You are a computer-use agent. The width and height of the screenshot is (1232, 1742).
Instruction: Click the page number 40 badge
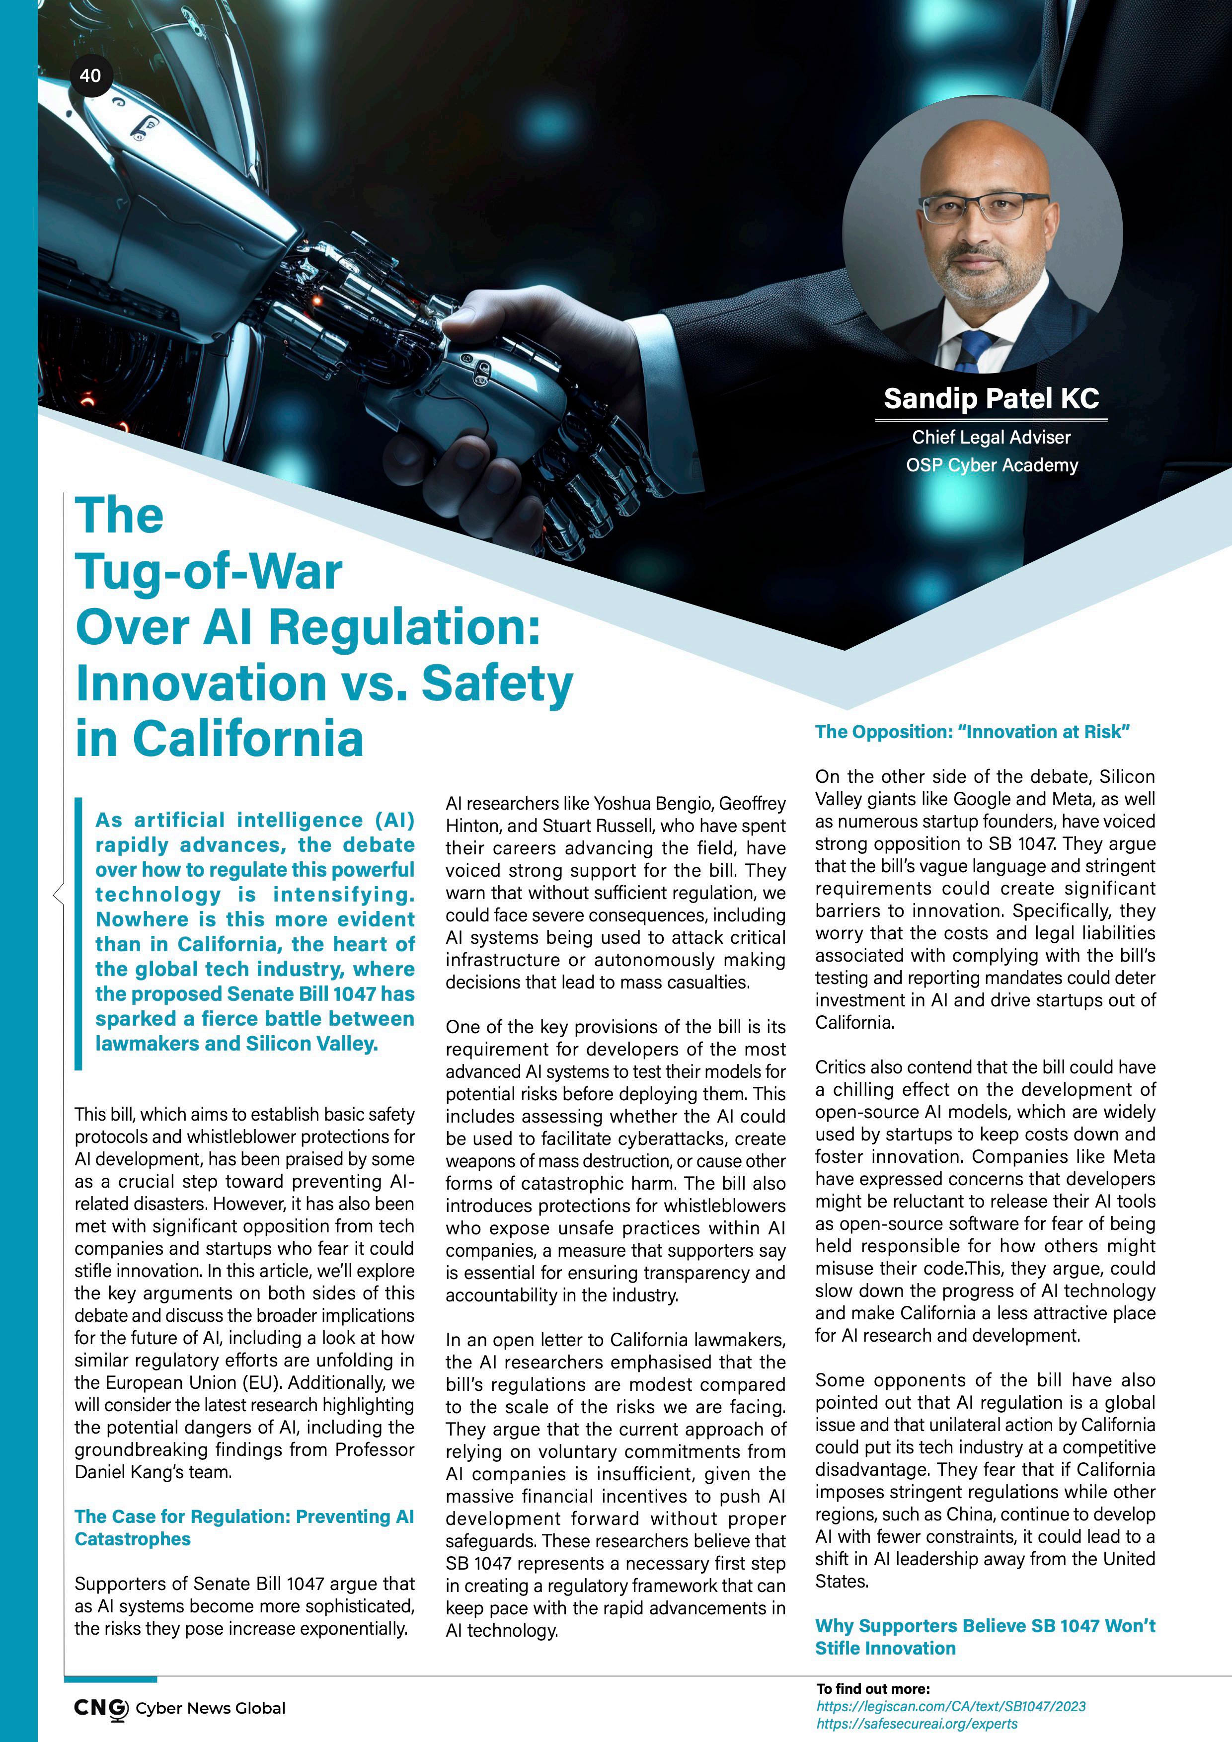tap(90, 75)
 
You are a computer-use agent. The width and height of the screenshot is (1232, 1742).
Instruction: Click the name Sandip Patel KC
tap(991, 398)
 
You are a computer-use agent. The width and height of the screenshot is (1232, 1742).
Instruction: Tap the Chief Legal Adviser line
tap(991, 437)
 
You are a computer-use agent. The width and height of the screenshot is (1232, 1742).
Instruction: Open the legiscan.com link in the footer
tap(950, 1706)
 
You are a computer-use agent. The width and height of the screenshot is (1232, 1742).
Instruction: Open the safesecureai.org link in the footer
tap(917, 1723)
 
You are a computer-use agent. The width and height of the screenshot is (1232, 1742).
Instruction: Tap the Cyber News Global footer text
tap(210, 1709)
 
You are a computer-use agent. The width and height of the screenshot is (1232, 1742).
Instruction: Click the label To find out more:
tap(872, 1689)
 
